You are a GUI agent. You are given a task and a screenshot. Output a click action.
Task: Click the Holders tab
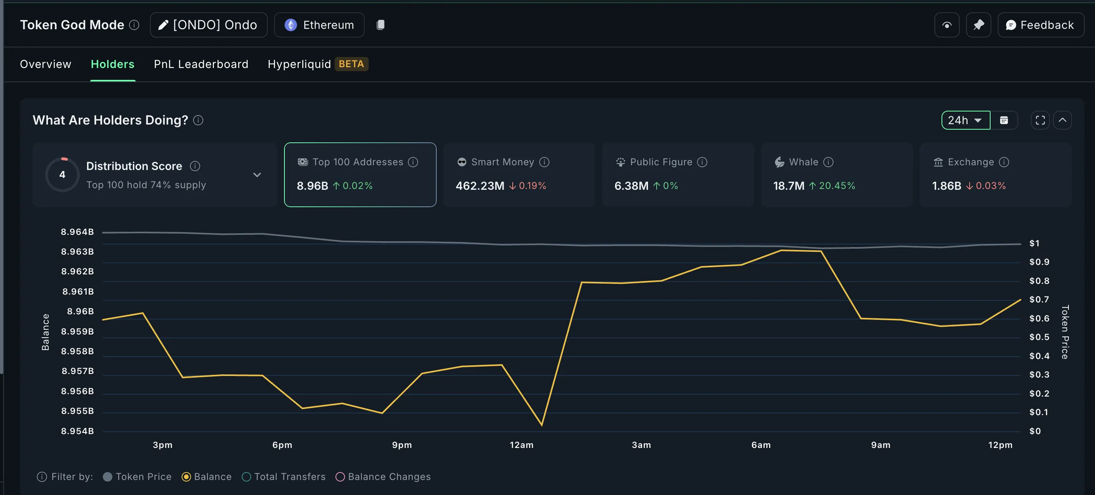[x=112, y=64]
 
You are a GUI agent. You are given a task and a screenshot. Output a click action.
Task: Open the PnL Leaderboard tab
[x=201, y=64]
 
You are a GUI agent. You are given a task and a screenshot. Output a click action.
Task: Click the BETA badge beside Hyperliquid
[x=351, y=64]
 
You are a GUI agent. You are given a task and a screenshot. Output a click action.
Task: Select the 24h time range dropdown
[x=965, y=120]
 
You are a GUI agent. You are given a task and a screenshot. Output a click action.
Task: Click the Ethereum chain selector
[x=319, y=25]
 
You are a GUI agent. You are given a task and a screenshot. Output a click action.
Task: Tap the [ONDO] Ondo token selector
[x=208, y=25]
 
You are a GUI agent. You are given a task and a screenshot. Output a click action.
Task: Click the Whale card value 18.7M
[x=788, y=186]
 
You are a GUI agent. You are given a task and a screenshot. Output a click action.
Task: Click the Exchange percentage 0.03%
[x=991, y=186]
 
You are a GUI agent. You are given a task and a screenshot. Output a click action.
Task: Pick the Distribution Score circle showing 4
[x=63, y=175]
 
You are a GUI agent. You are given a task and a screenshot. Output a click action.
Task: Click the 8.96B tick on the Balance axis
[x=80, y=312]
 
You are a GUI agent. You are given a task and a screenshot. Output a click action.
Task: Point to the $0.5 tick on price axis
[x=1039, y=337]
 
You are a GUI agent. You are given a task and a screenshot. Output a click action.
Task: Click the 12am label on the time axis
[x=521, y=445]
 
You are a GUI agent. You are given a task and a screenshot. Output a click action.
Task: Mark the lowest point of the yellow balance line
[x=542, y=425]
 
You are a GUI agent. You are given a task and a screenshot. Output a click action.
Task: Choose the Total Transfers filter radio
[x=246, y=477]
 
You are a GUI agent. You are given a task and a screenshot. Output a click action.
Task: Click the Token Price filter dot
[x=108, y=477]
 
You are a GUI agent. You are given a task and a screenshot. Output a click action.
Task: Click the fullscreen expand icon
[x=1040, y=120]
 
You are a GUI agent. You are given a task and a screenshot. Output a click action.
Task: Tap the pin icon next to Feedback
[x=978, y=25]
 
